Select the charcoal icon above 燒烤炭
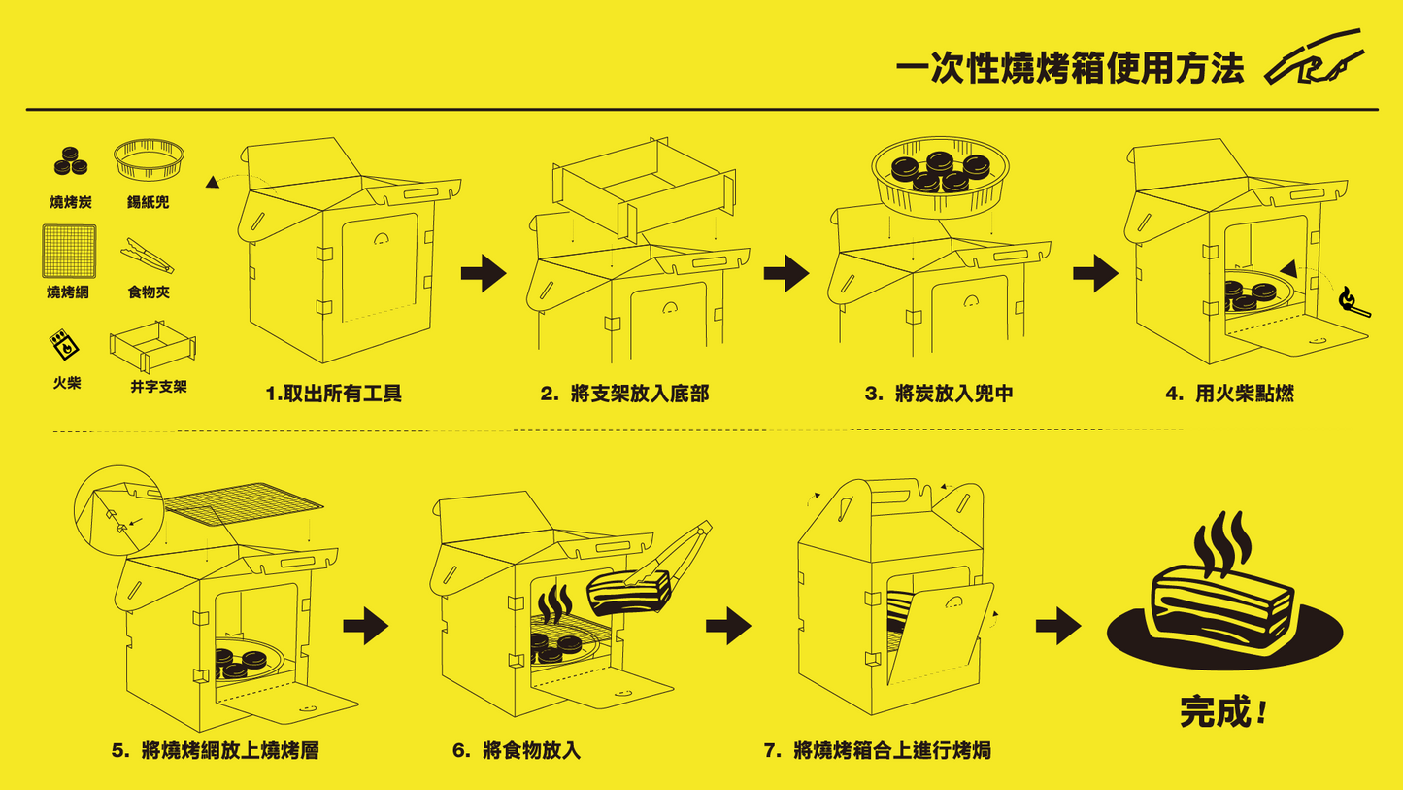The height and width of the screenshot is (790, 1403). [70, 161]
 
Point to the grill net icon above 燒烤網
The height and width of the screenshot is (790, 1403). [69, 251]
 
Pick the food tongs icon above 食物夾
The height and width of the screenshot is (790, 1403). [148, 256]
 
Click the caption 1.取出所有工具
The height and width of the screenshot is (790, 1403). [333, 394]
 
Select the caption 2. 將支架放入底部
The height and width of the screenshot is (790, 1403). [624, 394]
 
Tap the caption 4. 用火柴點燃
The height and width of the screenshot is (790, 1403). [1229, 394]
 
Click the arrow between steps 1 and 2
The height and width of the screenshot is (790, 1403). [483, 274]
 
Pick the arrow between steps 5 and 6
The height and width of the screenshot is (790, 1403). [365, 627]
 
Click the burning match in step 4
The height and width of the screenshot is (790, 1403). [1353, 303]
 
